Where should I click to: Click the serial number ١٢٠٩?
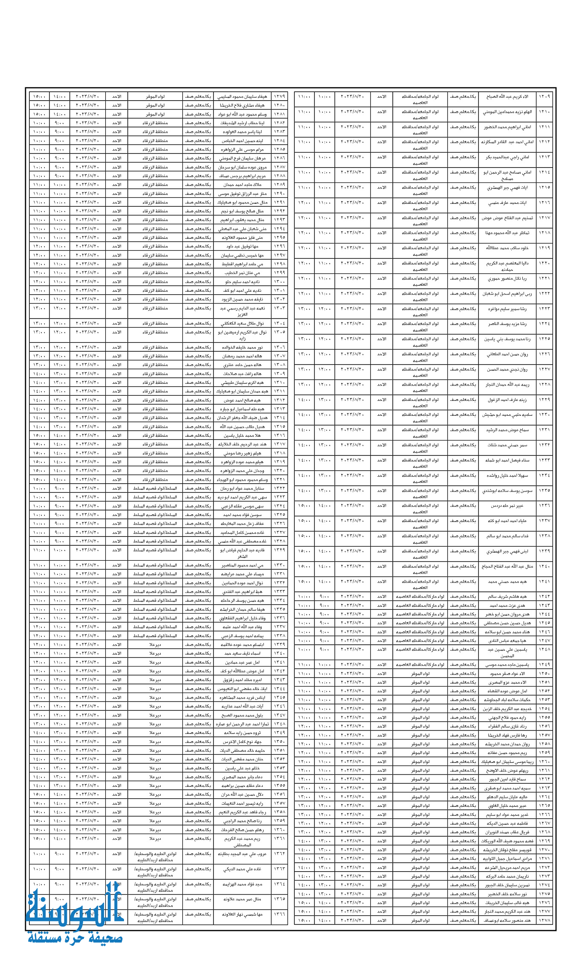click(x=544, y=96)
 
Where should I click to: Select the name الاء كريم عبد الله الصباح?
click(x=507, y=97)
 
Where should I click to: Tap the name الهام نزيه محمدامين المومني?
click(x=507, y=112)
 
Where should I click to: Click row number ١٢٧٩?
click(x=279, y=96)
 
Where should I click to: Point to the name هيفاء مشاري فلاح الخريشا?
click(x=242, y=105)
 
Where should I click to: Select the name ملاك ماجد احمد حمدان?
click(x=242, y=185)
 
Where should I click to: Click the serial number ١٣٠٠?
click(x=279, y=282)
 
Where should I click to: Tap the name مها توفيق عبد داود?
click(x=242, y=246)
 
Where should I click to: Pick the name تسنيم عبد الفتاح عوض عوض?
click(x=507, y=218)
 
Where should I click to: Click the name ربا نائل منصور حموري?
click(x=507, y=278)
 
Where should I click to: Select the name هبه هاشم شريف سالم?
click(x=507, y=597)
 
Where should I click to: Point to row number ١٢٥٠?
click(x=544, y=673)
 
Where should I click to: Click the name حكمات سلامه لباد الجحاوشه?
click(x=507, y=700)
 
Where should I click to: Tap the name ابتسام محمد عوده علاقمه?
click(x=242, y=645)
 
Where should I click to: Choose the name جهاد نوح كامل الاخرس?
click(x=242, y=742)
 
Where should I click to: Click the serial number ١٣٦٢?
click(x=279, y=853)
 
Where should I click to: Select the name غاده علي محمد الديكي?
click(x=242, y=869)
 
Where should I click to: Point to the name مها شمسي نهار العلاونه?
click(x=242, y=914)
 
